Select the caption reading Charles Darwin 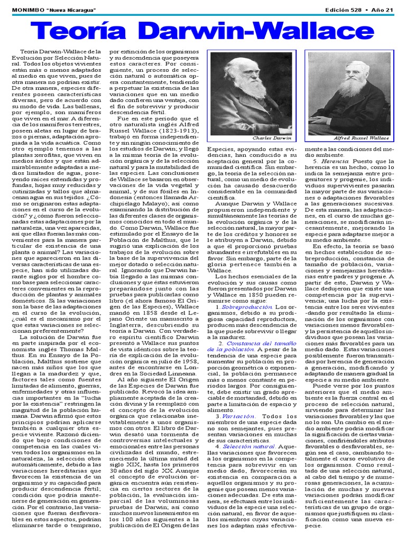(x=272, y=138)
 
